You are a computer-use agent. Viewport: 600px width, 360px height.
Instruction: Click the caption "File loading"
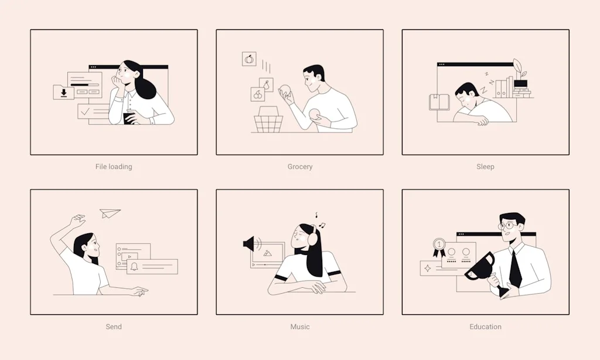point(114,167)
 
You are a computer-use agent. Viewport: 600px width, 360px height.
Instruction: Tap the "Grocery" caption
point(300,167)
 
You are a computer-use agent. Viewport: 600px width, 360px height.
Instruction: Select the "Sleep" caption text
point(485,167)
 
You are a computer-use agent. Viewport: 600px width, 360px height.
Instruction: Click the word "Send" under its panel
point(114,327)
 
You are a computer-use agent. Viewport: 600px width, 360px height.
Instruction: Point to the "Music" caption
point(300,327)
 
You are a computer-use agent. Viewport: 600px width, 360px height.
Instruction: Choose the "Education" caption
point(485,327)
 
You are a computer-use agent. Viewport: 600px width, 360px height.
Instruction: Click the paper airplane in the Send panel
point(110,213)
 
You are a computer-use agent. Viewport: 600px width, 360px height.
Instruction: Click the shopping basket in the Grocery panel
point(268,120)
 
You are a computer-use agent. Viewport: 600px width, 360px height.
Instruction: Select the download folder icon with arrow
point(63,92)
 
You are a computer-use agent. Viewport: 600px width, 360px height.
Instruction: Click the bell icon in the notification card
point(134,267)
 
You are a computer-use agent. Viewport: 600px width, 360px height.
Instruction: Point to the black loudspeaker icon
point(250,243)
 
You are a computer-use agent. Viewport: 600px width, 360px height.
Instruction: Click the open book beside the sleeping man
point(439,102)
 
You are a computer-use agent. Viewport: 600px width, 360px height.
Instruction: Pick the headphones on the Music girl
point(312,236)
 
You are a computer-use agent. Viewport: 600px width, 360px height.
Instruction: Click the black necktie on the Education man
point(514,268)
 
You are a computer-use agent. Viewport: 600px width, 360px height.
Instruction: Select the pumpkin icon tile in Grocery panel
point(249,59)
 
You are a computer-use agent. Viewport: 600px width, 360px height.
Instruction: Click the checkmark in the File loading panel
point(86,111)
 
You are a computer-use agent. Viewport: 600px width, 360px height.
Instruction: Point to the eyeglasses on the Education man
point(507,226)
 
